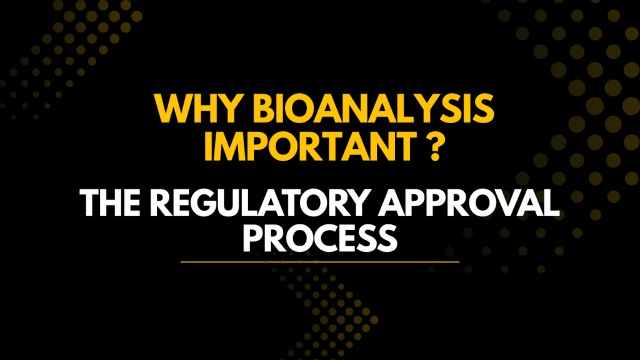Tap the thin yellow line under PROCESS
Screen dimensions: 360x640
click(x=320, y=261)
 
